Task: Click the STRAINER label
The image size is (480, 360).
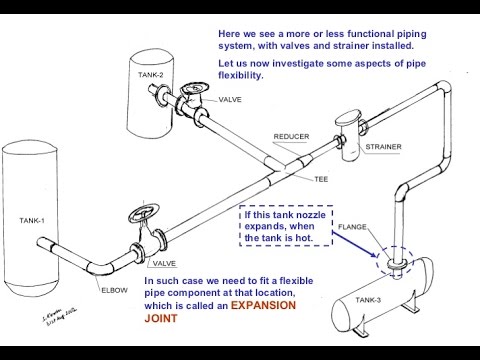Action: point(383,147)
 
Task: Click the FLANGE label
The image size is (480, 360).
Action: point(355,226)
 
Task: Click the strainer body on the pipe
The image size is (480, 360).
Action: point(349,125)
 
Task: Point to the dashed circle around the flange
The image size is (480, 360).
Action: point(389,260)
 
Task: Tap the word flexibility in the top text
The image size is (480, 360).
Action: point(241,76)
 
